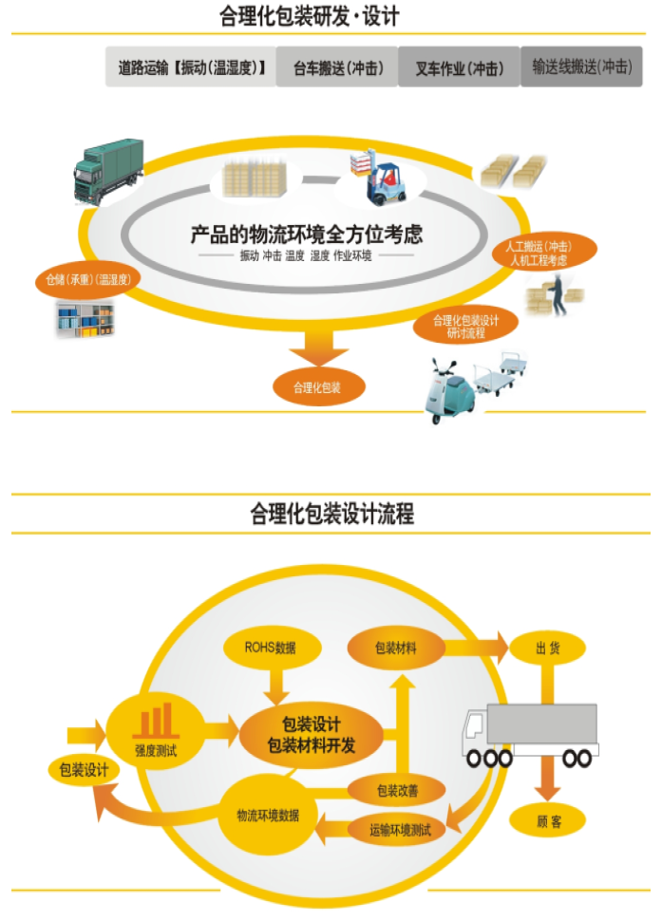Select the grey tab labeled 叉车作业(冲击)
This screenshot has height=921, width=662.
pos(459,67)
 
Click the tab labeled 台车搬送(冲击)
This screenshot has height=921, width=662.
pos(336,67)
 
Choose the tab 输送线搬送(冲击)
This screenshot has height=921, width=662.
pos(581,67)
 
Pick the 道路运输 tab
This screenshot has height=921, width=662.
pos(191,67)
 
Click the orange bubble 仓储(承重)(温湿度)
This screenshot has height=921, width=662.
pos(87,280)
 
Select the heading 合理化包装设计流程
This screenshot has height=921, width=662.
pos(331,515)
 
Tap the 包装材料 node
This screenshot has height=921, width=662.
pos(396,648)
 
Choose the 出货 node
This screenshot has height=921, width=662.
pos(546,648)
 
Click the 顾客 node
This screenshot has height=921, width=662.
pos(548,821)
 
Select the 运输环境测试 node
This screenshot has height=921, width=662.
pos(407,830)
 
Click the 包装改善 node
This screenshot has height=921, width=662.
pos(397,789)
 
